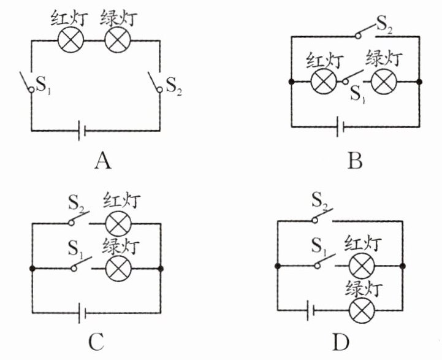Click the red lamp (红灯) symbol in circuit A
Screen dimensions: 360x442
70,41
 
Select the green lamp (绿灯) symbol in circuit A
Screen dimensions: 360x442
115,41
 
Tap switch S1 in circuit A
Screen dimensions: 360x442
26,83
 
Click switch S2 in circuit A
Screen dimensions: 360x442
155,83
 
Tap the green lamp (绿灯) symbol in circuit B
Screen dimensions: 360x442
384,82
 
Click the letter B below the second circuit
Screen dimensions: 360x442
355,161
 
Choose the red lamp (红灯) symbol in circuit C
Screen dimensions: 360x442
118,223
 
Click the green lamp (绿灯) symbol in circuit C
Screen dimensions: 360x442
118,268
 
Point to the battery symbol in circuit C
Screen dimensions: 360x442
82,314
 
